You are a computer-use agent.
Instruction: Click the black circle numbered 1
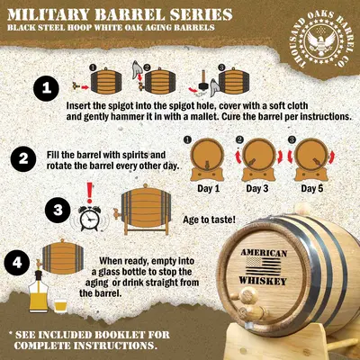46,88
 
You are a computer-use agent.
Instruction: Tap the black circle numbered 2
23,159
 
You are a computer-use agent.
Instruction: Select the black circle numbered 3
58,211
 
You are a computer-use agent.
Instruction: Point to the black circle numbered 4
17,263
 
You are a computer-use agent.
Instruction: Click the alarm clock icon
88,218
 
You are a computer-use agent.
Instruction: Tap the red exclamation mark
89,193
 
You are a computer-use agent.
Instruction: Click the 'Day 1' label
209,189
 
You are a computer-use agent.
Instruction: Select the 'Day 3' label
257,189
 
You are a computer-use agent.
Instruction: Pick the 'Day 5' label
312,189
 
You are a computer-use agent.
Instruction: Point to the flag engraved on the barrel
264,266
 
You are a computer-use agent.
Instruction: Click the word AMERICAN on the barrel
264,253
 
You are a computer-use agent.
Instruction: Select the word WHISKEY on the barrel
263,281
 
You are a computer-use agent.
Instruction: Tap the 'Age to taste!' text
209,220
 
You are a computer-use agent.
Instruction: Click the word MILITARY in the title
48,14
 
